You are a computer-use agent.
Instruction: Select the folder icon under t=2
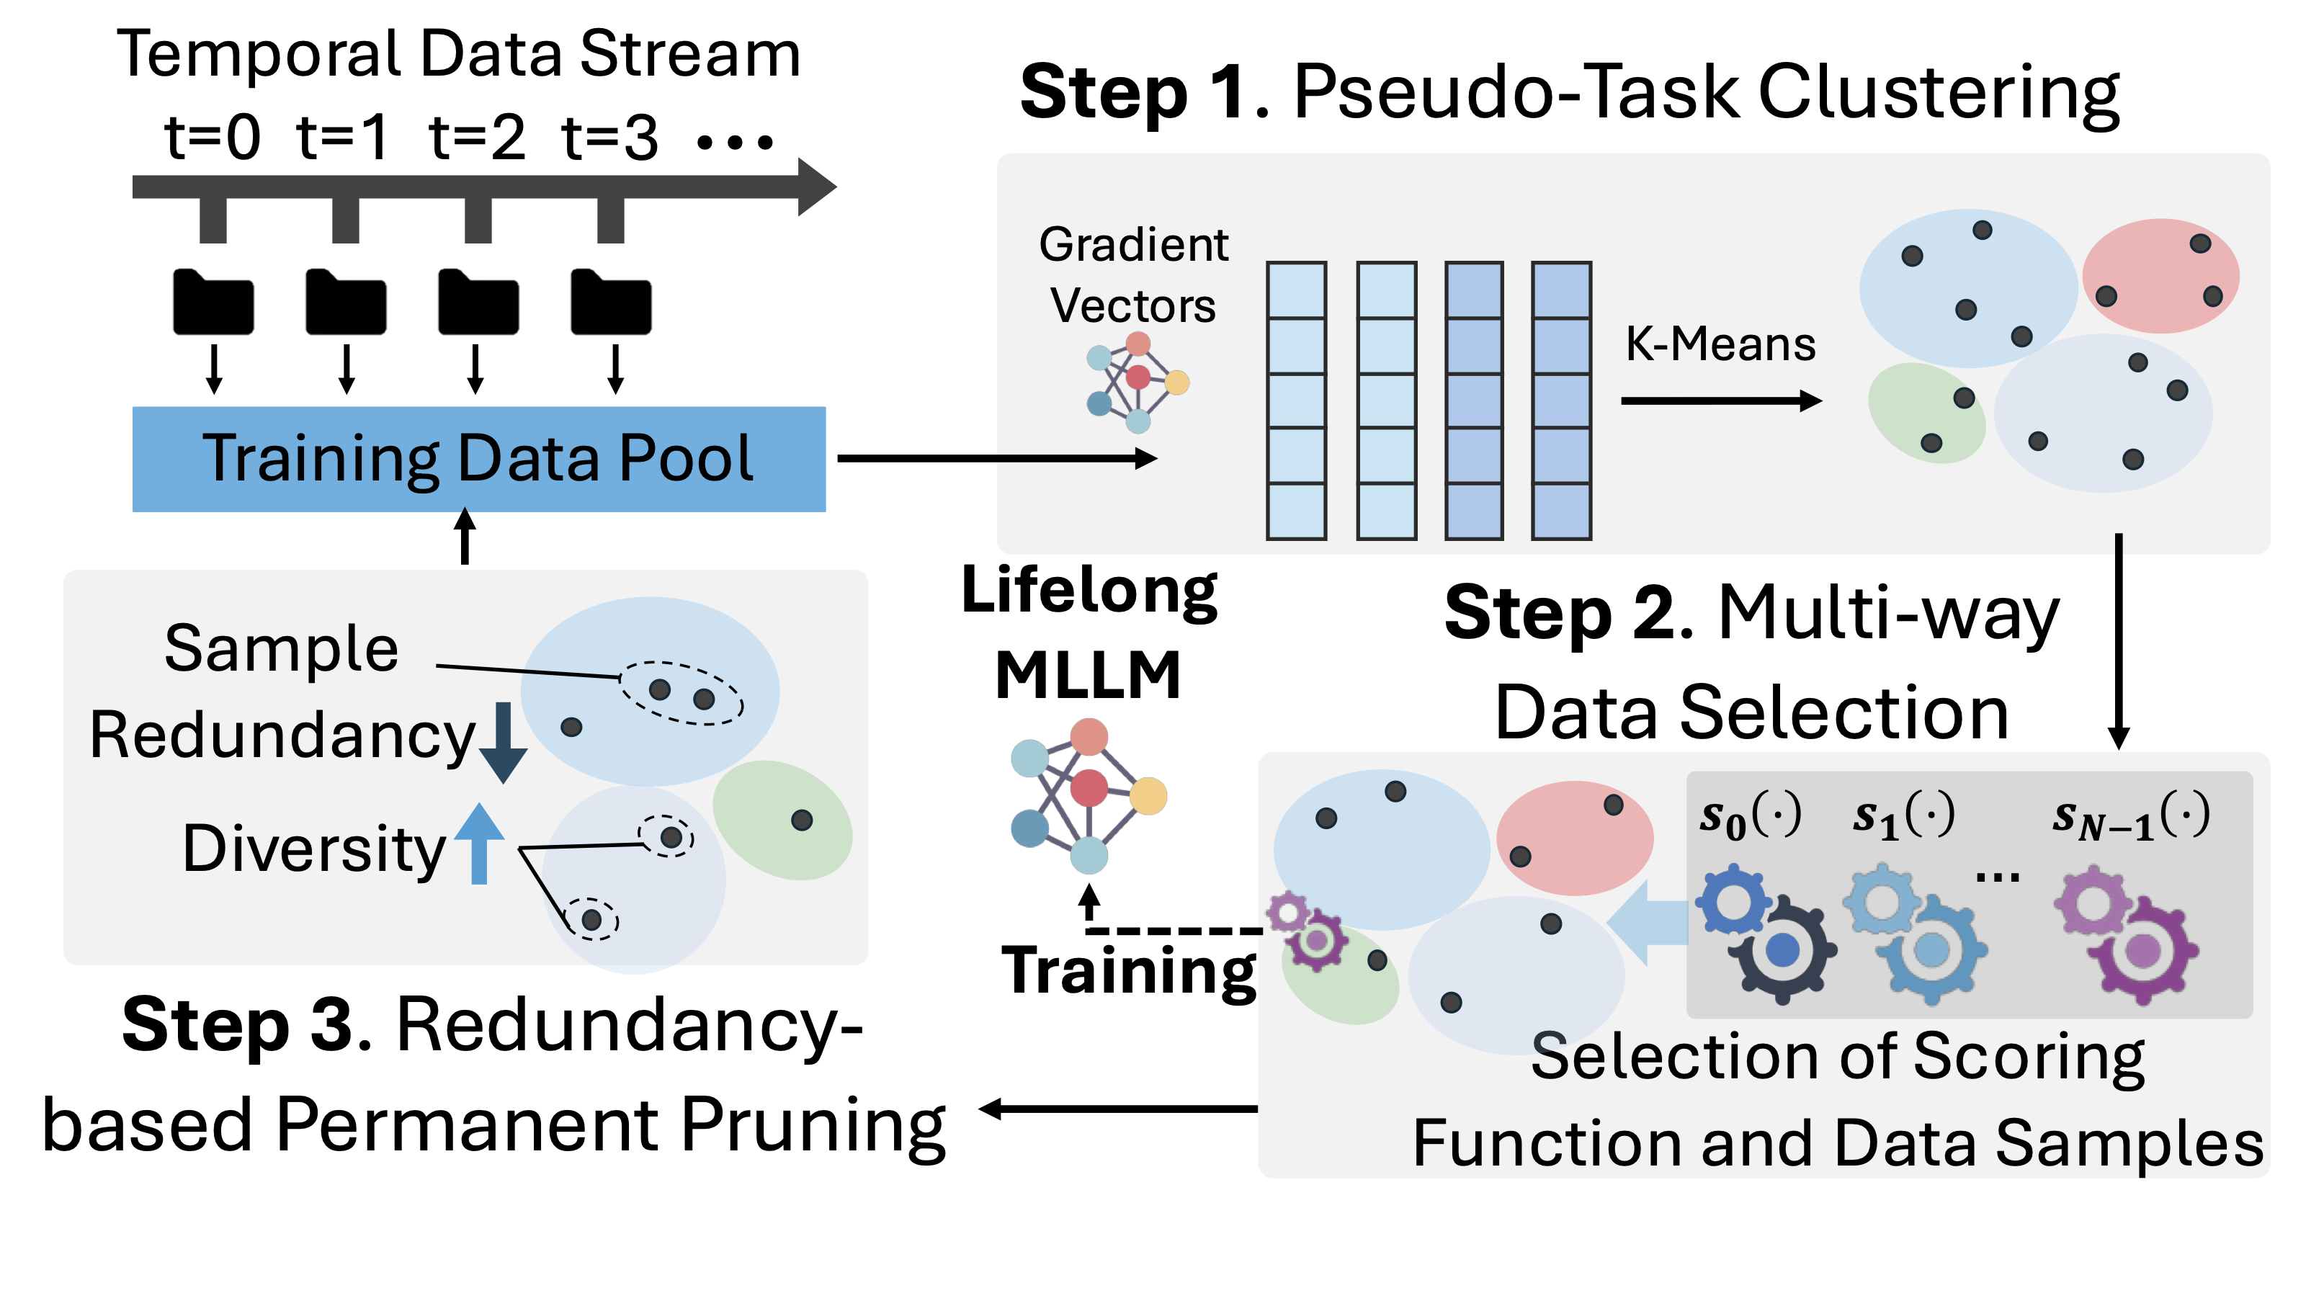point(478,302)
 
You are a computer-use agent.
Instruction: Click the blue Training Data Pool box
point(478,459)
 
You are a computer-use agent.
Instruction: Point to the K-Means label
point(1720,344)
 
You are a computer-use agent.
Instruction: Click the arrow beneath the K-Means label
point(1720,401)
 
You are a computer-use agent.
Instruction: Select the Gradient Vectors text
point(1133,275)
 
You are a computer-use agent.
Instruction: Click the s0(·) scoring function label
point(1751,816)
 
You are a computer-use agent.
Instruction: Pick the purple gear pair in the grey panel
point(2127,934)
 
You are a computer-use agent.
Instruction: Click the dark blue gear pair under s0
point(1766,934)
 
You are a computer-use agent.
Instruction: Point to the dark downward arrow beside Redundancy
point(504,742)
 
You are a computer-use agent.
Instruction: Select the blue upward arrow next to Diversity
point(479,844)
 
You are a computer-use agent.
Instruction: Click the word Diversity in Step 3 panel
point(314,849)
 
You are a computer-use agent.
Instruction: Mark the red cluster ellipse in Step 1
point(2160,275)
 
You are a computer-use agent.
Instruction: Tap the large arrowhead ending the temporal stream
point(816,187)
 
